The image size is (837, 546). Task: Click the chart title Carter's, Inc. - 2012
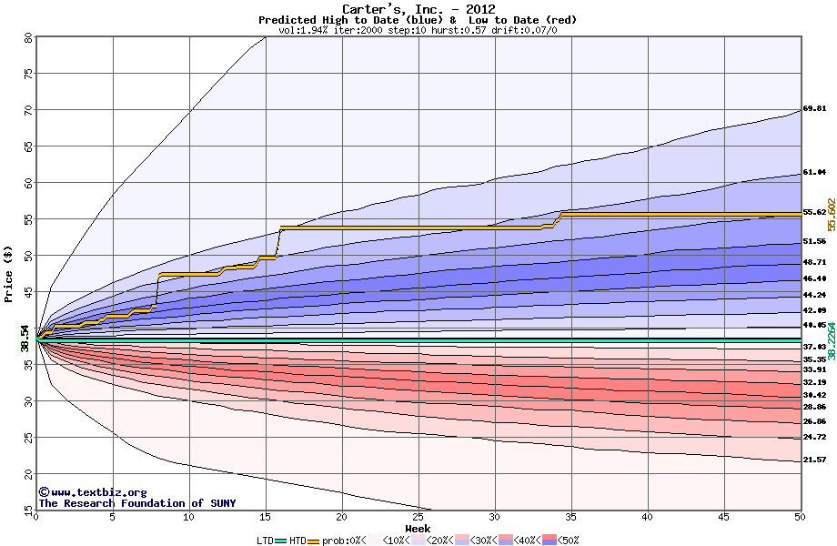point(418,9)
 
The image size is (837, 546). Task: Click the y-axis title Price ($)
point(9,274)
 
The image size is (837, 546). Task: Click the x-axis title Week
point(418,529)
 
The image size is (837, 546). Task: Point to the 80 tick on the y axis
point(27,37)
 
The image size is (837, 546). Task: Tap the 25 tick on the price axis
point(27,438)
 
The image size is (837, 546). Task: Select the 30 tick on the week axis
point(495,517)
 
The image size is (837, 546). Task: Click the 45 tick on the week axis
point(724,517)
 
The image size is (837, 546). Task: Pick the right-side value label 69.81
point(814,109)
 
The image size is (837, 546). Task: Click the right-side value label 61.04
point(814,172)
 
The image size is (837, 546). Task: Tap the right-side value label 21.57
point(814,460)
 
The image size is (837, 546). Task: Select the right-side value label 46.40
point(814,278)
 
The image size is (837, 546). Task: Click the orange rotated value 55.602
point(831,219)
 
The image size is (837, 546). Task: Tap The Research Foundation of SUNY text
point(135,503)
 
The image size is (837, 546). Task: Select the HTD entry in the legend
point(297,540)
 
